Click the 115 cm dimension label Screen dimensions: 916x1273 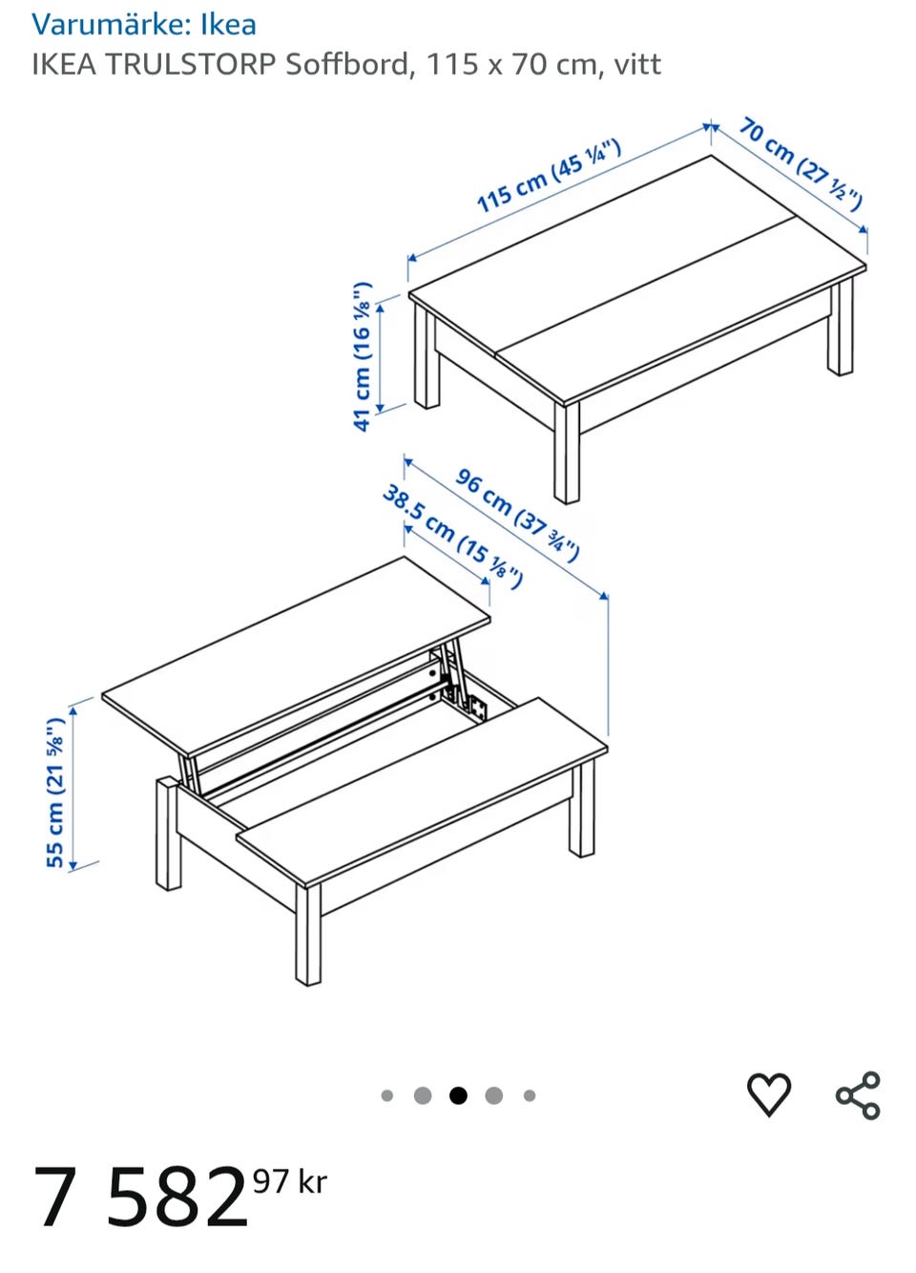click(549, 176)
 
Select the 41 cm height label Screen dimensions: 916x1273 click(363, 356)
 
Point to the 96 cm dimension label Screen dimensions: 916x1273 click(517, 514)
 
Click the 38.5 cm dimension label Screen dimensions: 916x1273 click(452, 536)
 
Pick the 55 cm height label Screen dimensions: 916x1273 click(55, 793)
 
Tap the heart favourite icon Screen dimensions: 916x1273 click(768, 1094)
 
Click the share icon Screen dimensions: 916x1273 click(858, 1095)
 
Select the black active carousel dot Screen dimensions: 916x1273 click(458, 1095)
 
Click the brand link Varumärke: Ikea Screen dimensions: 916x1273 click(144, 25)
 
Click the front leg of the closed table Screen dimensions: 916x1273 click(567, 453)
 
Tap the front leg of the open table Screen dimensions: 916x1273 click(308, 934)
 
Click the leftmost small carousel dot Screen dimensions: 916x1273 click(386, 1095)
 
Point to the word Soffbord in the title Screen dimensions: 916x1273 click(346, 64)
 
